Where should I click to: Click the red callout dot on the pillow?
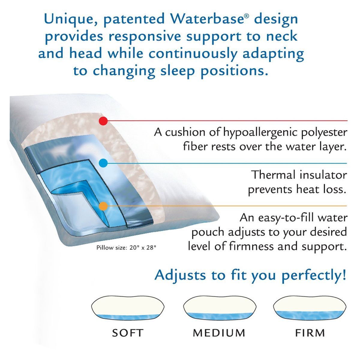(x=103, y=121)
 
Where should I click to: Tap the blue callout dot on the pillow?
(x=103, y=163)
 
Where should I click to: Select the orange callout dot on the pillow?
(x=103, y=206)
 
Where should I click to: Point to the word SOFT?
(x=127, y=333)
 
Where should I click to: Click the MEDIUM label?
(x=219, y=333)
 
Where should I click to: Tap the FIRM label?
(x=310, y=333)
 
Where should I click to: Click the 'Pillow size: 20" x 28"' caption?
(x=126, y=248)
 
